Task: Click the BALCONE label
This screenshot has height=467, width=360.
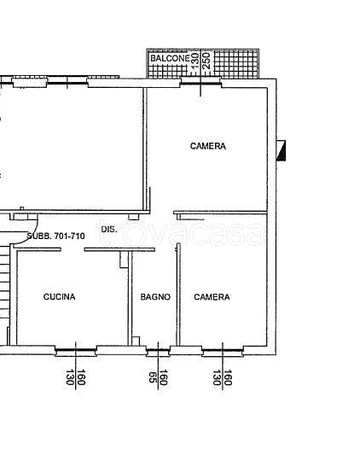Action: click(170, 58)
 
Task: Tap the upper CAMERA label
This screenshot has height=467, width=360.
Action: click(208, 146)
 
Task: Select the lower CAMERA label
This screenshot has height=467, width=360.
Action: click(212, 297)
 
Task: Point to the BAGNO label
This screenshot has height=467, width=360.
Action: click(155, 297)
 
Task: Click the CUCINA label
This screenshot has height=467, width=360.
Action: click(59, 296)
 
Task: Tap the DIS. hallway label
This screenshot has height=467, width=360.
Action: click(109, 230)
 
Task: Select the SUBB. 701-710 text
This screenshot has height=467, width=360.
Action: click(55, 236)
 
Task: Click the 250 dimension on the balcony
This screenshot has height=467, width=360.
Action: click(206, 61)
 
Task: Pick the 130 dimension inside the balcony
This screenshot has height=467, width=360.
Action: click(195, 61)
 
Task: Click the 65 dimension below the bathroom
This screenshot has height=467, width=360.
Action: click(153, 377)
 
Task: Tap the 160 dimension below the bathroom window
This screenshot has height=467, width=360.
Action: click(164, 377)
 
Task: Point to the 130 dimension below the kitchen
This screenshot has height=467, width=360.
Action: click(70, 377)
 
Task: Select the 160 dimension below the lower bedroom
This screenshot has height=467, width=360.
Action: click(228, 377)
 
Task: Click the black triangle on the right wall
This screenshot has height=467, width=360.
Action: click(282, 151)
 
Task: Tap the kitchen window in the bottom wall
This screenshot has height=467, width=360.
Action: click(76, 351)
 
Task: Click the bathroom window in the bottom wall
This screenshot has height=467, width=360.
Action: click(158, 351)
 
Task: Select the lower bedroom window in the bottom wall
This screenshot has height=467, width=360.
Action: click(223, 351)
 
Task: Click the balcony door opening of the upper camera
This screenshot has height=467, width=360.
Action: click(200, 83)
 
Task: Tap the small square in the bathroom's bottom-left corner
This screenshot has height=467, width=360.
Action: click(136, 341)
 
